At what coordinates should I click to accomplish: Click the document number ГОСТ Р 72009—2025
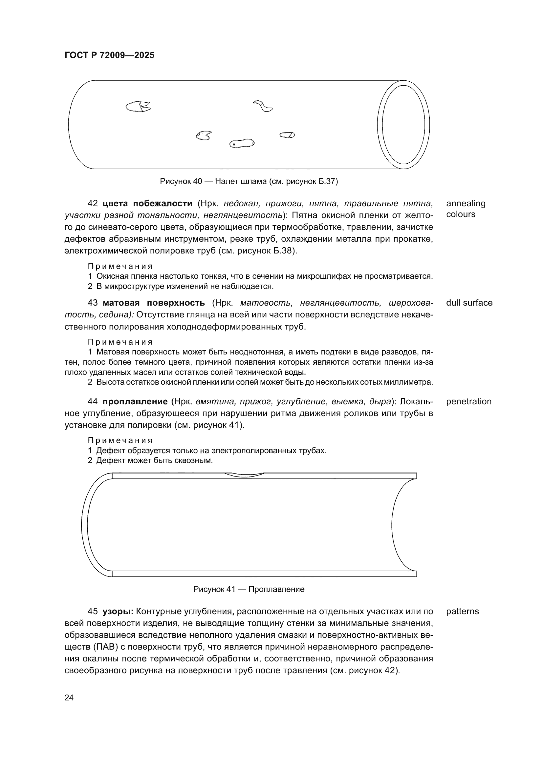(x=109, y=55)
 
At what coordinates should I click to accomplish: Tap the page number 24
(x=69, y=697)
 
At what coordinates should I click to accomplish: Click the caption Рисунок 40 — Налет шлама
(x=249, y=181)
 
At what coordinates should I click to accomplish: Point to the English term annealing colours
(x=466, y=209)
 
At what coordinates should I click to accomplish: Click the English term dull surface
(x=469, y=303)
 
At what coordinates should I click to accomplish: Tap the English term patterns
(x=463, y=611)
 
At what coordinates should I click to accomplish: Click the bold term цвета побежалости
(x=147, y=203)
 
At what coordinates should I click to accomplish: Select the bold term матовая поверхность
(x=154, y=303)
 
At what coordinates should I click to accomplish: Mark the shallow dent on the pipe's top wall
(x=244, y=475)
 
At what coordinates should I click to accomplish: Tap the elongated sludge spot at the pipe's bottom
(x=242, y=143)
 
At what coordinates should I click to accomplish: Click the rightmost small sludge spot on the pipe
(x=287, y=135)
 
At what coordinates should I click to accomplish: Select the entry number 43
(x=93, y=303)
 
